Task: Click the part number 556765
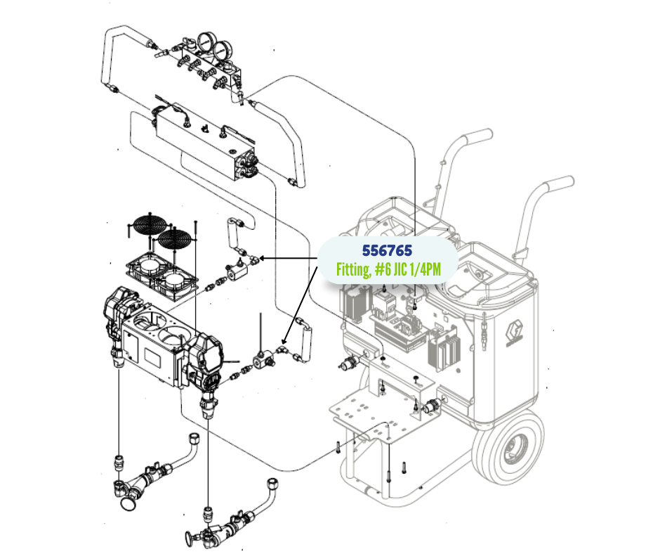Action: coord(387,250)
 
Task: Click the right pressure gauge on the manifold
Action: coord(221,50)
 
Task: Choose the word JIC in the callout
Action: coord(398,269)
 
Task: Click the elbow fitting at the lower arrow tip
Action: coord(282,349)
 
